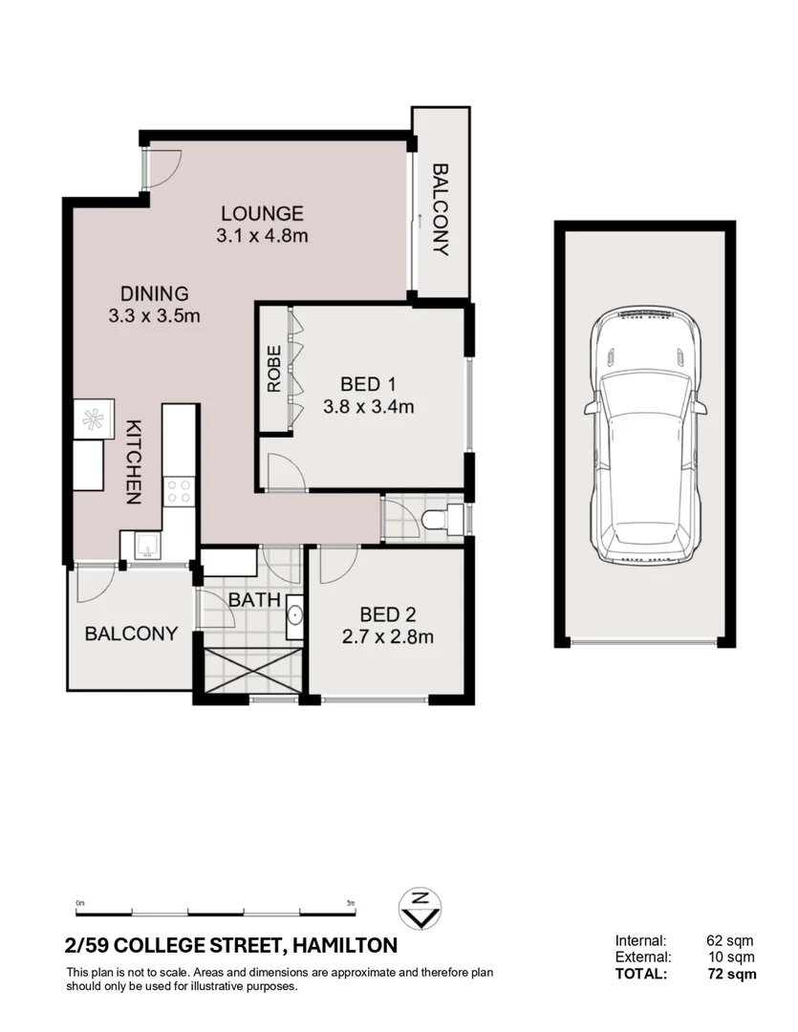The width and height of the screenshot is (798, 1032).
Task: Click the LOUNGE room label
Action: coord(262,213)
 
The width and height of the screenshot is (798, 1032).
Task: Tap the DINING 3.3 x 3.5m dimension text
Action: coord(154,316)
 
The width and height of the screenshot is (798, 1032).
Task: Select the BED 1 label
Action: coord(368,384)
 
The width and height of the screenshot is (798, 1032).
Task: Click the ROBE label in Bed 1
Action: coord(274,369)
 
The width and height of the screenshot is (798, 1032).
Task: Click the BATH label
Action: coord(253,600)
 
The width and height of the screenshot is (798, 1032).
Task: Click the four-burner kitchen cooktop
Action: coord(178,491)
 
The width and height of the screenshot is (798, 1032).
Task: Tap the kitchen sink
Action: coord(147,546)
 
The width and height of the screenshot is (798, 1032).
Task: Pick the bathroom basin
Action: coord(294,613)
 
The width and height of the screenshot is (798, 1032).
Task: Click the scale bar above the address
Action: coord(216,909)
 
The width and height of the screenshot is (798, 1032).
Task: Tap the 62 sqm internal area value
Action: coord(733,940)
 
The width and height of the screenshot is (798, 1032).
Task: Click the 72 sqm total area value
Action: coord(733,974)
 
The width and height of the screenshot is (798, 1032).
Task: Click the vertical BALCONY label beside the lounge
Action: coord(441,210)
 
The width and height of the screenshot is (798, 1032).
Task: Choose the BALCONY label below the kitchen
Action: coord(131,634)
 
